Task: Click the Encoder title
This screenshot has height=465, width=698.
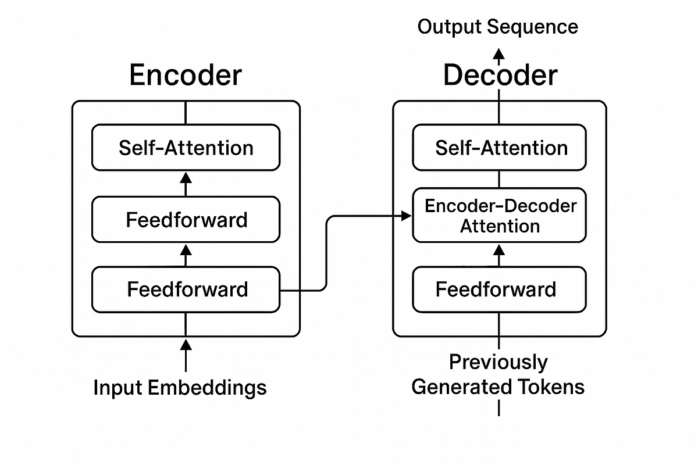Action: click(x=185, y=76)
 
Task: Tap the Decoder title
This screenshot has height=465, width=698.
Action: click(x=500, y=76)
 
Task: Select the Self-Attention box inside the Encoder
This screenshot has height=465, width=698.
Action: click(x=186, y=148)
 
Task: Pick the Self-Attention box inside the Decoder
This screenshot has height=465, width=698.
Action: click(x=500, y=148)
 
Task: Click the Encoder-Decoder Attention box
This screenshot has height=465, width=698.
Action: click(x=500, y=216)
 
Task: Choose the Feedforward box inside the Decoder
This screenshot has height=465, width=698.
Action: click(x=500, y=289)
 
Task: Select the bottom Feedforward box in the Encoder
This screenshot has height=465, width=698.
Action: click(x=186, y=289)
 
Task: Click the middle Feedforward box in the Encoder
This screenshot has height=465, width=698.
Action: click(x=186, y=220)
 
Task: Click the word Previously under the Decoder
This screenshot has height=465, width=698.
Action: click(x=498, y=362)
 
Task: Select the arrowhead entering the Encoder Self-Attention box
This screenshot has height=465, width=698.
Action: click(x=186, y=176)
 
